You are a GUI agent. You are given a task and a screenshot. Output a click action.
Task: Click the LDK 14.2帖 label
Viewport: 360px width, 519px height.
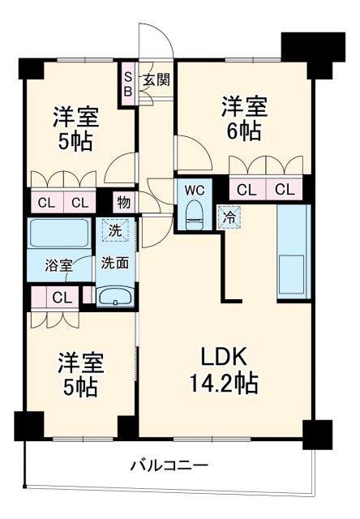point(225,370)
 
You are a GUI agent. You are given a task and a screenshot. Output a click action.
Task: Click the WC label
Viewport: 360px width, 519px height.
point(195,190)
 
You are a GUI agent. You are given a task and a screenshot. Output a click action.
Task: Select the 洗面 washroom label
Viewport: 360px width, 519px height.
point(114,263)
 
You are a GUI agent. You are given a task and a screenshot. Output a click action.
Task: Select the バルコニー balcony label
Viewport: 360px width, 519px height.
point(172,465)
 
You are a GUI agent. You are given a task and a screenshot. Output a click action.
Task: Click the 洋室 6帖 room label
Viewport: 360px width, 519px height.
point(242,118)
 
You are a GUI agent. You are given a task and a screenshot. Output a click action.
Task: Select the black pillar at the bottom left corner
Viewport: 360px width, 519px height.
point(29,427)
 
